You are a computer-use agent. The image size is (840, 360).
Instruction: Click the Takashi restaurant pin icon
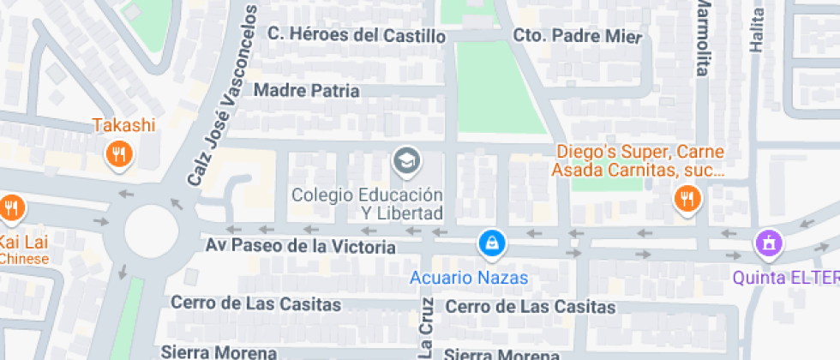pyautogui.click(x=118, y=155)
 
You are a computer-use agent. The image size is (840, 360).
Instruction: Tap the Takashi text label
pyautogui.click(x=124, y=125)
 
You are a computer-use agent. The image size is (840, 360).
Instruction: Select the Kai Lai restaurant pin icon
pyautogui.click(x=11, y=207)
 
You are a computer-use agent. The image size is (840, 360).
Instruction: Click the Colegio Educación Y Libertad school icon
pyautogui.click(x=405, y=159)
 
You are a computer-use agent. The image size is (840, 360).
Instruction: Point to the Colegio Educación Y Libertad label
pyautogui.click(x=367, y=203)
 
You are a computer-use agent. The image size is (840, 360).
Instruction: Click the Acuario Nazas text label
pyautogui.click(x=468, y=278)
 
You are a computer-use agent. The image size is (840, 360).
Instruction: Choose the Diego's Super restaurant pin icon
pyautogui.click(x=687, y=199)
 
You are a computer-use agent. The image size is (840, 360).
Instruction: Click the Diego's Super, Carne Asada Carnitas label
pyautogui.click(x=640, y=161)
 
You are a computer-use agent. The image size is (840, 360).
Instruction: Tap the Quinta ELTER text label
pyautogui.click(x=785, y=278)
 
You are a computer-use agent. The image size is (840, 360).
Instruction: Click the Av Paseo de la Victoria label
pyautogui.click(x=301, y=246)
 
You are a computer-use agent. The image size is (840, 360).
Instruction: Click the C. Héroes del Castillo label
pyautogui.click(x=357, y=35)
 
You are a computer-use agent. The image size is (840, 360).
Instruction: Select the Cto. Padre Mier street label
pyautogui.click(x=577, y=36)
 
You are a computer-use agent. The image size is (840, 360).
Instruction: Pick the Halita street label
pyautogui.click(x=756, y=32)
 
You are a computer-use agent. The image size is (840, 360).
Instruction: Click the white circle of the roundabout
pyautogui.click(x=151, y=231)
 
